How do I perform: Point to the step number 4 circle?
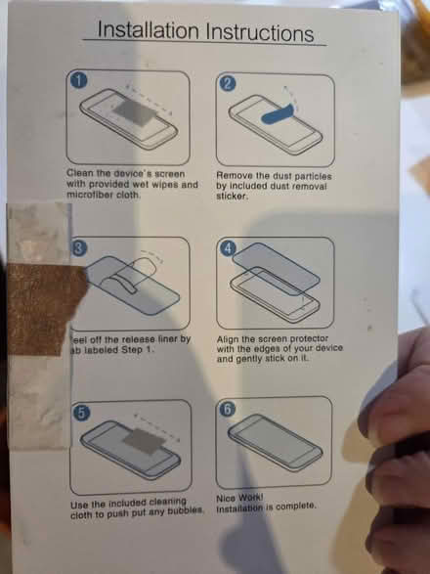tap(230, 247)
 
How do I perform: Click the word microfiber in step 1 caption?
tap(94, 196)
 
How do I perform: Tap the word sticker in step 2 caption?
tap(233, 196)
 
